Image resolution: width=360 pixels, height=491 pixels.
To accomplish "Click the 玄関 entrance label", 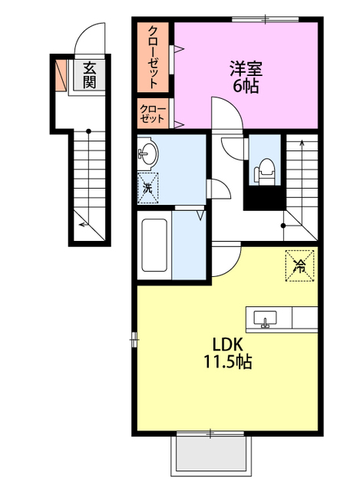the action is pos(89,75).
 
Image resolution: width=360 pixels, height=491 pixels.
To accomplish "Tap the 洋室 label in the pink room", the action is pos(246,68).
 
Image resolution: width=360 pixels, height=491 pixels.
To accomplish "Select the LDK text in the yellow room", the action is pos(228,344).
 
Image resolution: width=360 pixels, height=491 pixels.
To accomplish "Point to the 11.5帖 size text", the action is pos(228,361).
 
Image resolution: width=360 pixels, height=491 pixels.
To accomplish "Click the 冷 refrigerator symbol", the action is pos(299,265).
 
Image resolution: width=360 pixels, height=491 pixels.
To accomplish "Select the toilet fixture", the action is pos(265,172).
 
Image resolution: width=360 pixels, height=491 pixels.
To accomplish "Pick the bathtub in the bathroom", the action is pos(154,245).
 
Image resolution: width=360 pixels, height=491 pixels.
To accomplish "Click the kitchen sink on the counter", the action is pos(265,319).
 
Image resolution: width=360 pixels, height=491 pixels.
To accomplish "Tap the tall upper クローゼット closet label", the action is pos(153,57).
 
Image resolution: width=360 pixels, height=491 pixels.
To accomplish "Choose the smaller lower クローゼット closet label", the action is pos(152,114).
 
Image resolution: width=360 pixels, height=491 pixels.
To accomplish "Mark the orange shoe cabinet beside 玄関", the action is pos(61,75).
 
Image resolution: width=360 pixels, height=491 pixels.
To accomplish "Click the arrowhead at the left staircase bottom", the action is pos(82,224).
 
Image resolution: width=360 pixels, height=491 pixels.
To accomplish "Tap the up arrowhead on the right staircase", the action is pos(302,143).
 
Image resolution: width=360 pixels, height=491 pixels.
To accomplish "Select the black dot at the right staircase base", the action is pos(283,226).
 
